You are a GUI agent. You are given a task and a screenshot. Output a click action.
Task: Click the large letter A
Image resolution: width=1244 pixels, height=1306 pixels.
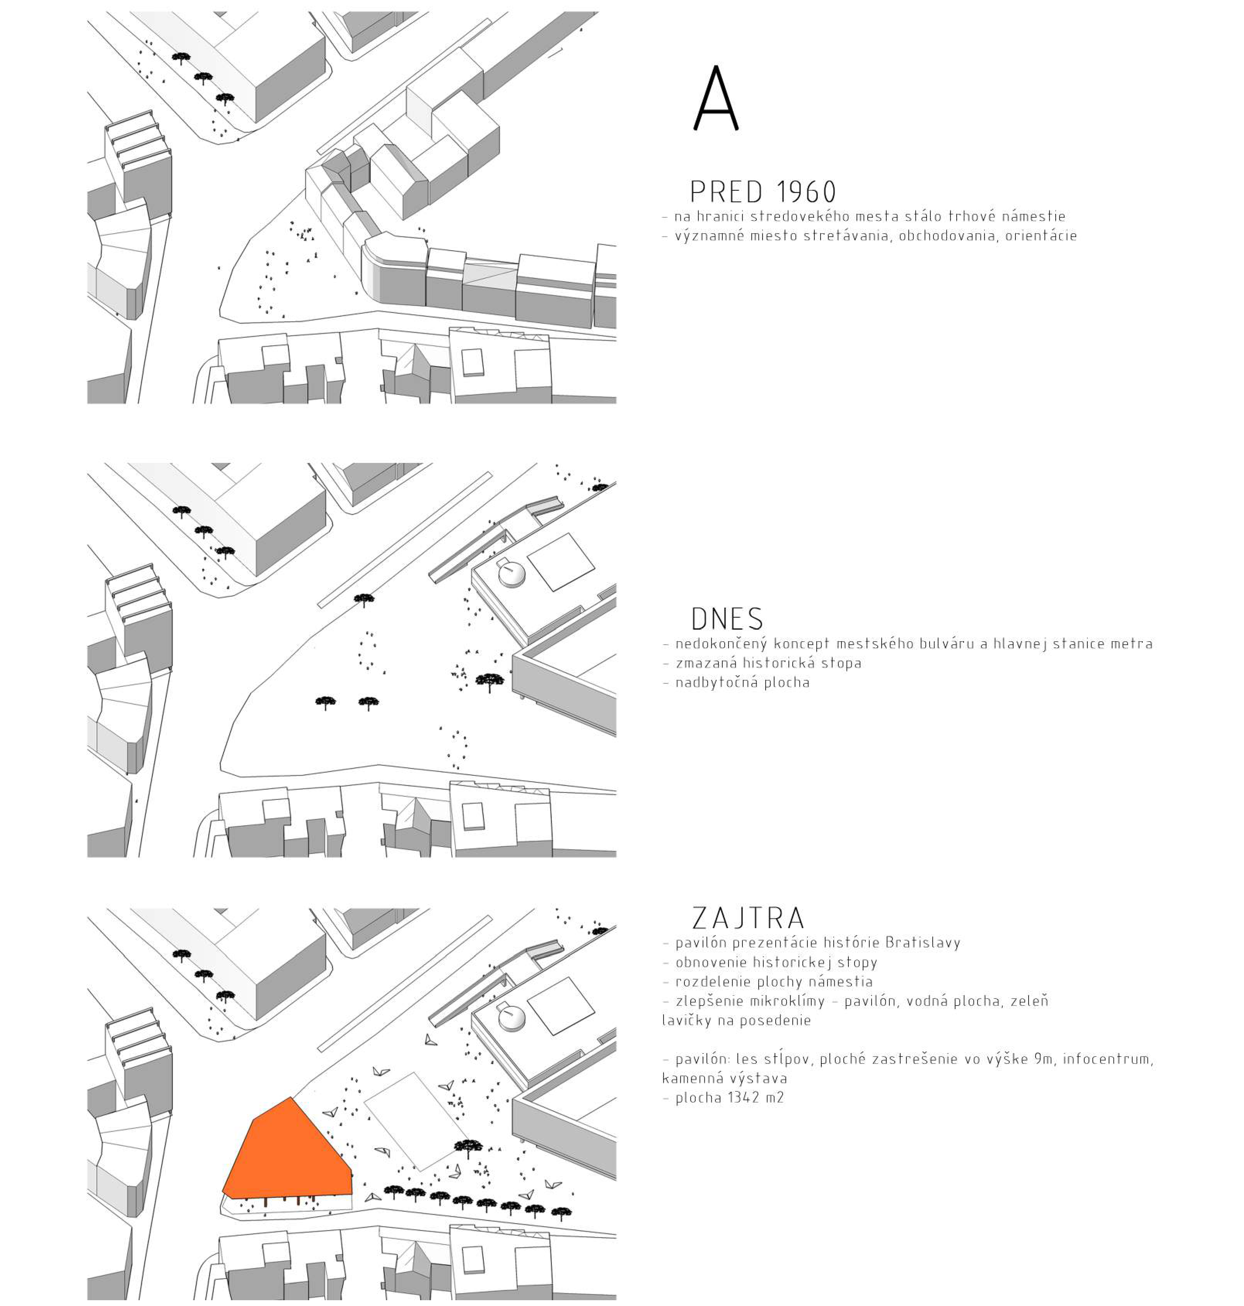716,98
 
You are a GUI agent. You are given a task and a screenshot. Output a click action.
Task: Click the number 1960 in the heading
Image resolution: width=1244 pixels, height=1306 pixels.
806,192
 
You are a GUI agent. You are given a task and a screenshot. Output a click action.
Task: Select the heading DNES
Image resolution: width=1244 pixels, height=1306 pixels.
727,619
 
